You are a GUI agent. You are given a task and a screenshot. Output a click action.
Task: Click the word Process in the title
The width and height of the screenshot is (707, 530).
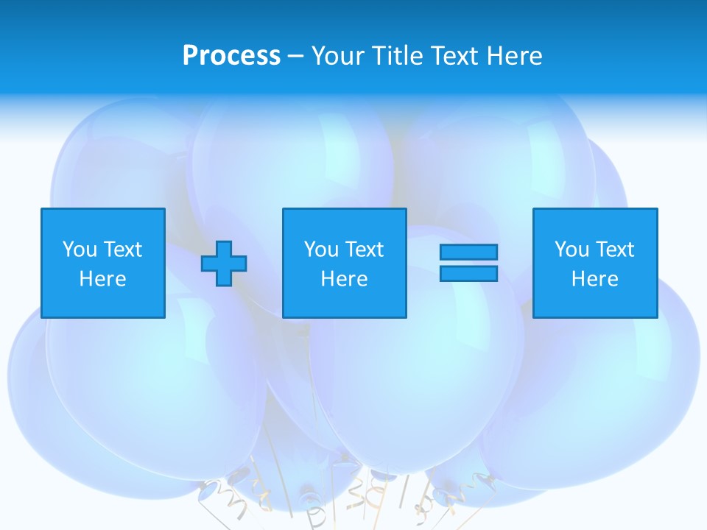pos(231,56)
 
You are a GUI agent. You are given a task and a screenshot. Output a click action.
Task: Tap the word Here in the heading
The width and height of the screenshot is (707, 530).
pos(514,56)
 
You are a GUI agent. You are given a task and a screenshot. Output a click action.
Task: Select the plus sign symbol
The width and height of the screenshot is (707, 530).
pos(224,264)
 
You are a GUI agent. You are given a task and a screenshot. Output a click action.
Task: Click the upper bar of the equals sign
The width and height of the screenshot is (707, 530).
pos(468,252)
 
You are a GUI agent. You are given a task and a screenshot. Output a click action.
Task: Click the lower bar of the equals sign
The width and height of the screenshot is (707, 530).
pos(468,273)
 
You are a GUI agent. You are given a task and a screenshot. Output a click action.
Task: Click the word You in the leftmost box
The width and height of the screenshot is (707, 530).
pos(79,250)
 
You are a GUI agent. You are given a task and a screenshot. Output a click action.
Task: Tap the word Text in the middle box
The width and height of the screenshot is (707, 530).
pos(365,250)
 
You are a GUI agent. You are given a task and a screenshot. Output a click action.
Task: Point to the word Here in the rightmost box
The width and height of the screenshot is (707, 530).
pos(595,279)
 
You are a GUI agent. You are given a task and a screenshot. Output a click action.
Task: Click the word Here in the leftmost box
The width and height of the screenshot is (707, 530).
pos(103,279)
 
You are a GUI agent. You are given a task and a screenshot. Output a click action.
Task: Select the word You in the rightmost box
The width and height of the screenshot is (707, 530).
pos(571,250)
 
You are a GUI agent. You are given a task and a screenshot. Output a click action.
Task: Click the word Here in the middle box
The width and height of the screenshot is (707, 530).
pos(345,279)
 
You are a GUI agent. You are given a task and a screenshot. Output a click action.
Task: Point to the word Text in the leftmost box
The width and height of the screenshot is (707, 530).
pos(123,250)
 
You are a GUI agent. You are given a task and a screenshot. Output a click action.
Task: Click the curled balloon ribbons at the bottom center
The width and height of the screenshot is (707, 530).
pos(353,493)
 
